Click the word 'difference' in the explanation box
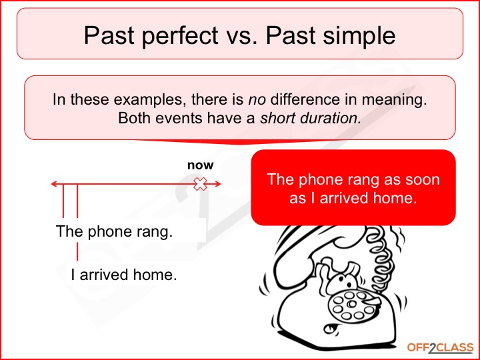pyautogui.click(x=301, y=101)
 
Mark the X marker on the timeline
pyautogui.click(x=199, y=185)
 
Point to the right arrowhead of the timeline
pyautogui.click(x=217, y=185)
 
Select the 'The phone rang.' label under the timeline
pyautogui.click(x=114, y=233)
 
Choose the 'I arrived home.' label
pyautogui.click(x=124, y=274)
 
